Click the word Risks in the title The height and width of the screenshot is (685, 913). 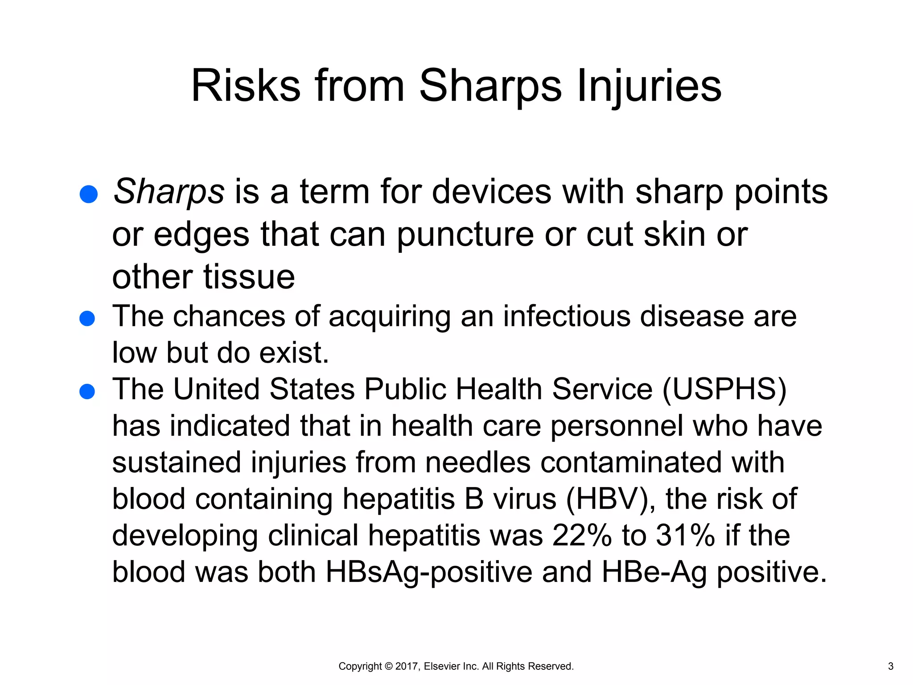(246, 86)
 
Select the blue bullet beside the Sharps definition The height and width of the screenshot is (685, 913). (88, 194)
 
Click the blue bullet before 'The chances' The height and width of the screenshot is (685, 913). (87, 318)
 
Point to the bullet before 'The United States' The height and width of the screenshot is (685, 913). (87, 392)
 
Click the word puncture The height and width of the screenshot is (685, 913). (465, 235)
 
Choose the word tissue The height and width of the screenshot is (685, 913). (249, 277)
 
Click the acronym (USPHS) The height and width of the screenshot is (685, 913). (724, 389)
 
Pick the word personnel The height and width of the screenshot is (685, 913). (617, 426)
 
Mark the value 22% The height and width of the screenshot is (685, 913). (582, 535)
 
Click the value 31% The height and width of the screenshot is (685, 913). (685, 535)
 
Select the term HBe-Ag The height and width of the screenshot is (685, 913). (654, 572)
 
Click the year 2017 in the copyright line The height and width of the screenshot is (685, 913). (407, 666)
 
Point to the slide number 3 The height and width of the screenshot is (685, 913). (891, 666)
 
